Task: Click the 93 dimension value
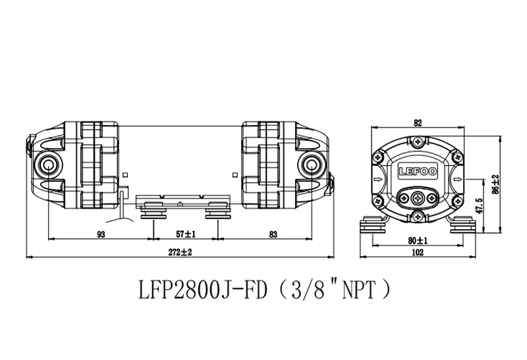(101, 234)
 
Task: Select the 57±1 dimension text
(186, 234)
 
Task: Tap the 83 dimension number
(273, 234)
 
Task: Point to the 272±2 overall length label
(180, 252)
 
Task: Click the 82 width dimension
(418, 123)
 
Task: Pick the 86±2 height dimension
(495, 184)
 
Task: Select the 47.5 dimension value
(479, 205)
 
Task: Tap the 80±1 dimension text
(418, 240)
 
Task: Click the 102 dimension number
(418, 252)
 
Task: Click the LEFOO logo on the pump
(418, 171)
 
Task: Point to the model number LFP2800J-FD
(203, 290)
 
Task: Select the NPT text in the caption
(358, 290)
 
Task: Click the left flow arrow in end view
(378, 179)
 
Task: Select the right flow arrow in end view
(458, 179)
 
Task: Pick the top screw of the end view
(418, 141)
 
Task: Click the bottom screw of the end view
(418, 217)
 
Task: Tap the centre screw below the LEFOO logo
(418, 199)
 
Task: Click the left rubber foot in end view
(372, 225)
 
